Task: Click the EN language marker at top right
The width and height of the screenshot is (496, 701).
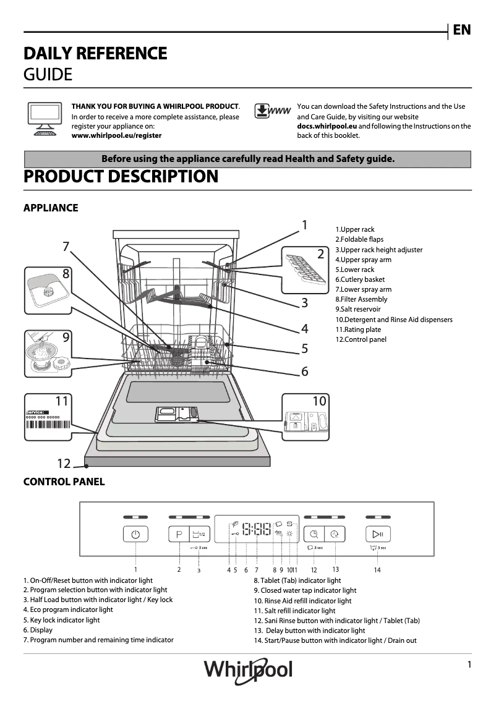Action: pos(461,30)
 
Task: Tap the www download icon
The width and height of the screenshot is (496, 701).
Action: pos(272,112)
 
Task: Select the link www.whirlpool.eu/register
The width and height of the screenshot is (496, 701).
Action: pos(116,135)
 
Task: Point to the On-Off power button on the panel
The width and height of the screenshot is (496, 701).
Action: pos(135,534)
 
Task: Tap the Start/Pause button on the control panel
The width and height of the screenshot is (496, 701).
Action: pos(377,534)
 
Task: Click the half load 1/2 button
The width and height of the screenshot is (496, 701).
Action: pos(199,534)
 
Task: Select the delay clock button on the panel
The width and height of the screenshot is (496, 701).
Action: pos(335,534)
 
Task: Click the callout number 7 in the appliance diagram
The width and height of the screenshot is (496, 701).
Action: pos(66,247)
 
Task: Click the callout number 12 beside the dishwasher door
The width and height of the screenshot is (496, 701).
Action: pos(64,463)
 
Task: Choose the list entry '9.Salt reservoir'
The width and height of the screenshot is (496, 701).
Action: pos(358,309)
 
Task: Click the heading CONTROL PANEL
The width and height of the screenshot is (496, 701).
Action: pos(64,482)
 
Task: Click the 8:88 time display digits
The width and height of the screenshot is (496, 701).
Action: pos(256,530)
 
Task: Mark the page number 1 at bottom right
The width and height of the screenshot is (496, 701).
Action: pos(469,665)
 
